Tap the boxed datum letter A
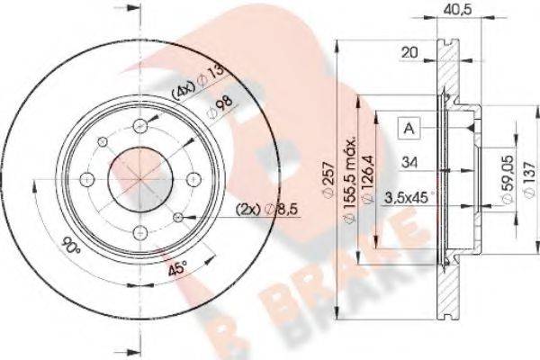tap(409, 128)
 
